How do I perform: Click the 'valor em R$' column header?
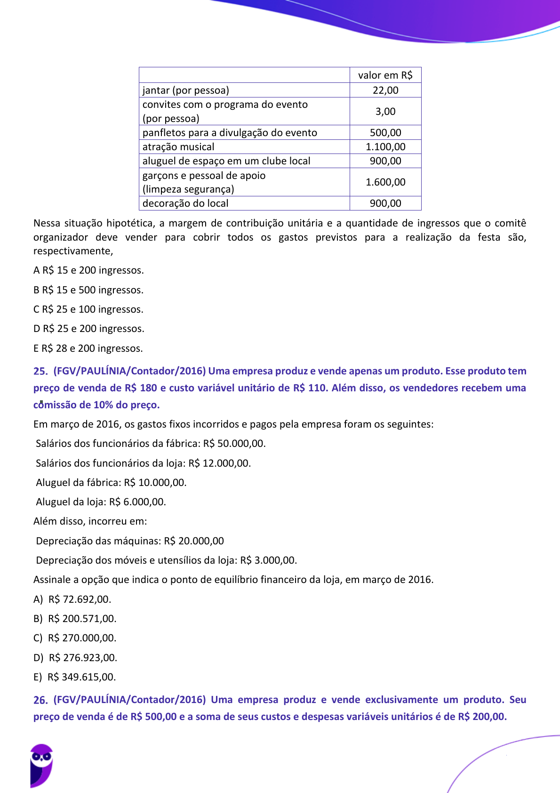(x=385, y=75)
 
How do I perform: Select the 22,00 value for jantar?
(x=385, y=90)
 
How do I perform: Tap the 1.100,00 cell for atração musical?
(x=385, y=147)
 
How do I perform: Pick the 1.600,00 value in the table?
(x=385, y=182)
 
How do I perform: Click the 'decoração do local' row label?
(x=185, y=203)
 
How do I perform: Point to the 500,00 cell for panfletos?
(x=385, y=133)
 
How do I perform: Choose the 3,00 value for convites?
(x=385, y=112)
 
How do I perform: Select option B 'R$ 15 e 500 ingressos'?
(x=88, y=290)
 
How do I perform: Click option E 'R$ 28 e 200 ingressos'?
(x=88, y=348)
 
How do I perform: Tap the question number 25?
(x=40, y=372)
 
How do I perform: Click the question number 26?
(x=40, y=700)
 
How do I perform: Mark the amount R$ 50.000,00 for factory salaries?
(x=234, y=444)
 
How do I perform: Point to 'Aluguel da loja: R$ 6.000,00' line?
(x=101, y=502)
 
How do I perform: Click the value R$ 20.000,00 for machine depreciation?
(x=194, y=541)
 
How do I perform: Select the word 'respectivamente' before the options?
(x=72, y=251)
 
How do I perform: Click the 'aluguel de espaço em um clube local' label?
(x=226, y=161)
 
